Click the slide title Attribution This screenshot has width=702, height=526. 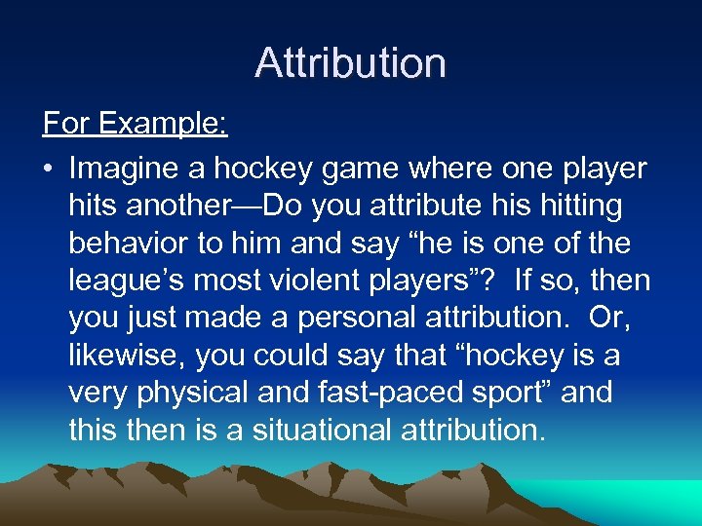(x=351, y=63)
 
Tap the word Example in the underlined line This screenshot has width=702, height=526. (x=164, y=125)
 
